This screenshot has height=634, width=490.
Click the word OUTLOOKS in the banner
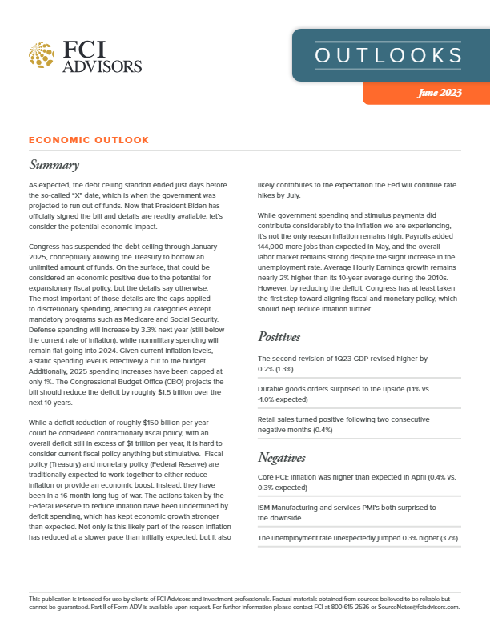coord(388,55)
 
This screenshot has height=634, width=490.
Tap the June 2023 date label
coord(439,94)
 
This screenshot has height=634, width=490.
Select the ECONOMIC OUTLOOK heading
coord(88,140)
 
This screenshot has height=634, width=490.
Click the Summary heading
coord(54,166)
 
